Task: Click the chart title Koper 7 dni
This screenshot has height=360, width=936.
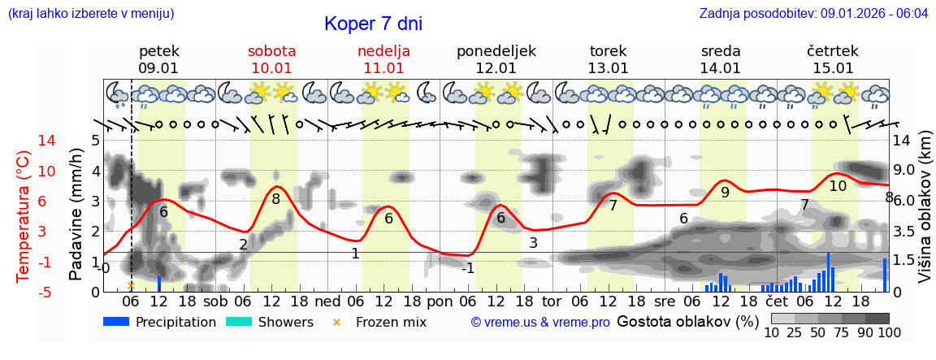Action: click(x=373, y=24)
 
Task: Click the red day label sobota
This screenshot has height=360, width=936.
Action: click(x=271, y=51)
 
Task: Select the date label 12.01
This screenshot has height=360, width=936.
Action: click(x=496, y=68)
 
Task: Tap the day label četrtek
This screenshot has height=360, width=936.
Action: click(x=832, y=51)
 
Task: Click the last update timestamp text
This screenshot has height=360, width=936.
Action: click(x=813, y=14)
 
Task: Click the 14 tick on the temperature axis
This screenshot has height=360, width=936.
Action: click(x=24, y=141)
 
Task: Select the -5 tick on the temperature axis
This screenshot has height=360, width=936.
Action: click(x=24, y=292)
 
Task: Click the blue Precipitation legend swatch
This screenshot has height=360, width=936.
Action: click(x=116, y=322)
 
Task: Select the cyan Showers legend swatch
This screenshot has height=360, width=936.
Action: click(x=239, y=322)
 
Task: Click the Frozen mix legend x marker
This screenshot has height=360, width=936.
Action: click(x=337, y=323)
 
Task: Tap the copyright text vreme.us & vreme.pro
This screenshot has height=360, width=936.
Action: click(x=540, y=323)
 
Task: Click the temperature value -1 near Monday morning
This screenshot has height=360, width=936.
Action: click(x=467, y=268)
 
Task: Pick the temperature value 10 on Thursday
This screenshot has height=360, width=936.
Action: click(x=837, y=186)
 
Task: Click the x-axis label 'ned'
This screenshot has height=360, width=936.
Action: click(x=327, y=301)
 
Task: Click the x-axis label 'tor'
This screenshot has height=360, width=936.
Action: click(x=552, y=301)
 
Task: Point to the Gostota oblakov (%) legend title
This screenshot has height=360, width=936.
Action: click(x=687, y=322)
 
